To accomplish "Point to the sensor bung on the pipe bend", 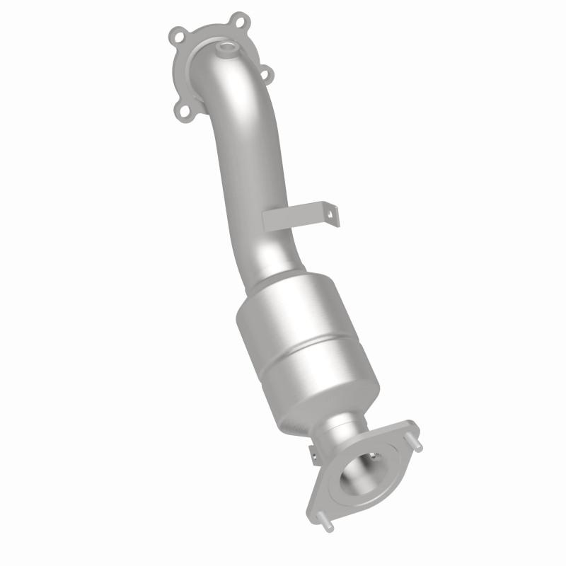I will (x=228, y=49).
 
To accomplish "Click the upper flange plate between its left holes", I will (x=180, y=71).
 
